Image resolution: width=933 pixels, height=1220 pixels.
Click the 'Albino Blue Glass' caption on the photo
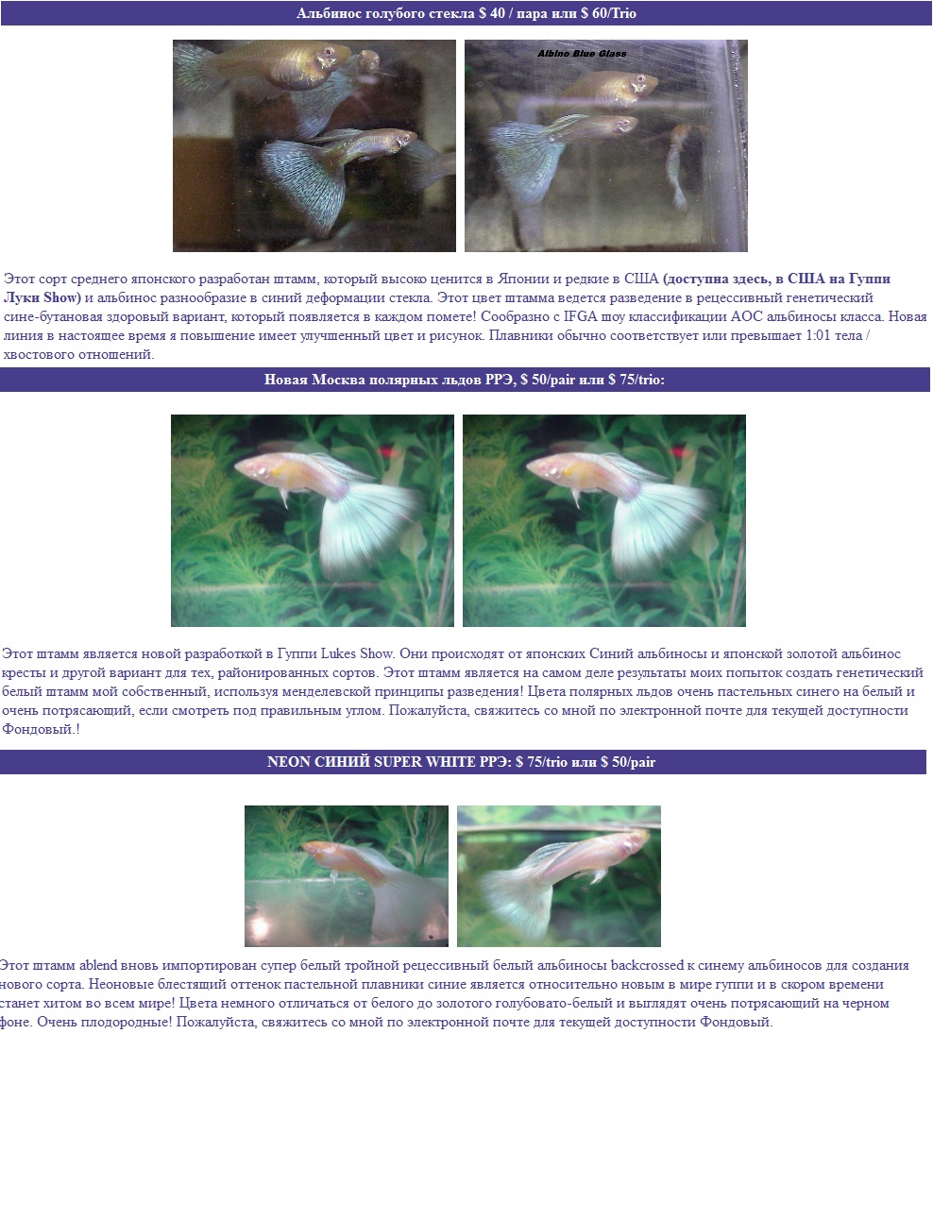click(582, 54)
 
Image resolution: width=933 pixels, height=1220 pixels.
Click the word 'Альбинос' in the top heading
click(324, 13)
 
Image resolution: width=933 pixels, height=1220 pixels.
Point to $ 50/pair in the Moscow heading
click(548, 380)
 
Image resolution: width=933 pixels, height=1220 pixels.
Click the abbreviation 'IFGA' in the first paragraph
click(580, 316)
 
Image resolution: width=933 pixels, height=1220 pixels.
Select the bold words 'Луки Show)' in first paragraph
click(42, 297)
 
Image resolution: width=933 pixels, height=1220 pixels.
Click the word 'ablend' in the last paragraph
click(98, 964)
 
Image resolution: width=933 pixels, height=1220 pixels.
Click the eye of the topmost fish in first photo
click(329, 52)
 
